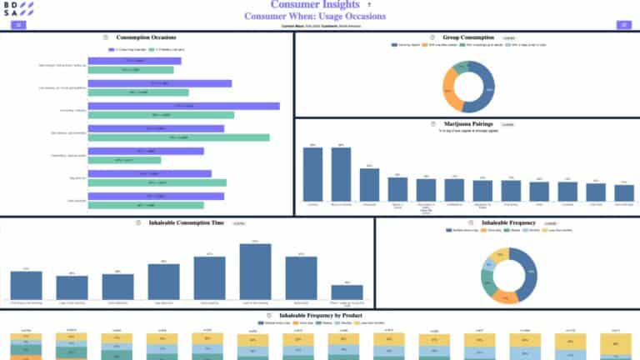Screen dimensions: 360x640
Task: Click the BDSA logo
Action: pyautogui.click(x=18, y=10)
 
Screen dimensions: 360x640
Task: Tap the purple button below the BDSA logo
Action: pyautogui.click(x=18, y=25)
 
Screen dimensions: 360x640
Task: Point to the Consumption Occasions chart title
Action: pyautogui.click(x=146, y=37)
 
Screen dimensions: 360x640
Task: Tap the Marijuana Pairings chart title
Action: pyautogui.click(x=469, y=123)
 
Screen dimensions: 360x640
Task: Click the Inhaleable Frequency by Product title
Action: pyautogui.click(x=320, y=317)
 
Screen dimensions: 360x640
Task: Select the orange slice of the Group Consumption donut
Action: pyautogui.click(x=451, y=87)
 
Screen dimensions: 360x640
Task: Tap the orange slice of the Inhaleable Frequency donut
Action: pyautogui.click(x=506, y=296)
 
